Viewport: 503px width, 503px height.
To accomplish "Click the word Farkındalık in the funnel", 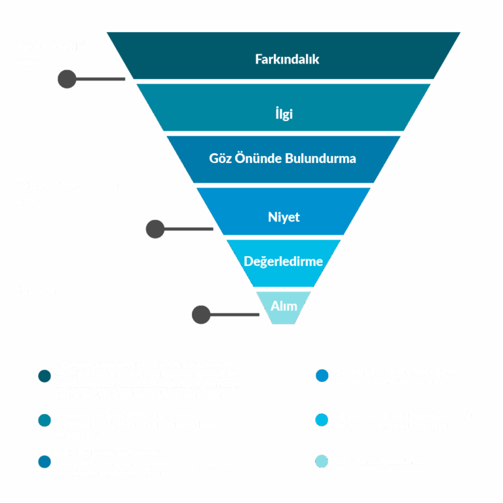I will pyautogui.click(x=287, y=59).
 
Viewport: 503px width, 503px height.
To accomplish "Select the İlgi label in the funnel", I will pyautogui.click(x=284, y=114).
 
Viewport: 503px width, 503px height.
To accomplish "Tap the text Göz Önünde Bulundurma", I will pyautogui.click(x=282, y=158).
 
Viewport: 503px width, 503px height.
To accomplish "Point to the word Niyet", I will pyautogui.click(x=284, y=217).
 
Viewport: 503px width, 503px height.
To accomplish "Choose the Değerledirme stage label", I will pyautogui.click(x=284, y=261).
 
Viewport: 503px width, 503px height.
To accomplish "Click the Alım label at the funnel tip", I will pyautogui.click(x=284, y=306).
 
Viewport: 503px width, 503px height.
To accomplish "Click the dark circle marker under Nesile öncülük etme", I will pyautogui.click(x=67, y=79).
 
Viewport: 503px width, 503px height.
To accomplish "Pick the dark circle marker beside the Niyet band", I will pyautogui.click(x=155, y=229).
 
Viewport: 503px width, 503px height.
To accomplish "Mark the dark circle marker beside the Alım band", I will pyautogui.click(x=200, y=315).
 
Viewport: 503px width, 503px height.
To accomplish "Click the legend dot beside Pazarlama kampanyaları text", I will pyautogui.click(x=45, y=376).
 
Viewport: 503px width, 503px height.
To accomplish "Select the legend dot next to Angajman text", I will pyautogui.click(x=45, y=420).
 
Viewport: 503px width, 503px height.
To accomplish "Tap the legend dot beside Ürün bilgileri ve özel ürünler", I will pyautogui.click(x=45, y=462).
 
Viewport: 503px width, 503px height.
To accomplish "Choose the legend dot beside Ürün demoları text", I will pyautogui.click(x=322, y=376).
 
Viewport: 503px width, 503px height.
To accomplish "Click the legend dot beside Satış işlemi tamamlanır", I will pyautogui.click(x=322, y=462).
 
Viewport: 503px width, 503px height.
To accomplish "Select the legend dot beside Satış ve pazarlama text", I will pyautogui.click(x=322, y=420).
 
